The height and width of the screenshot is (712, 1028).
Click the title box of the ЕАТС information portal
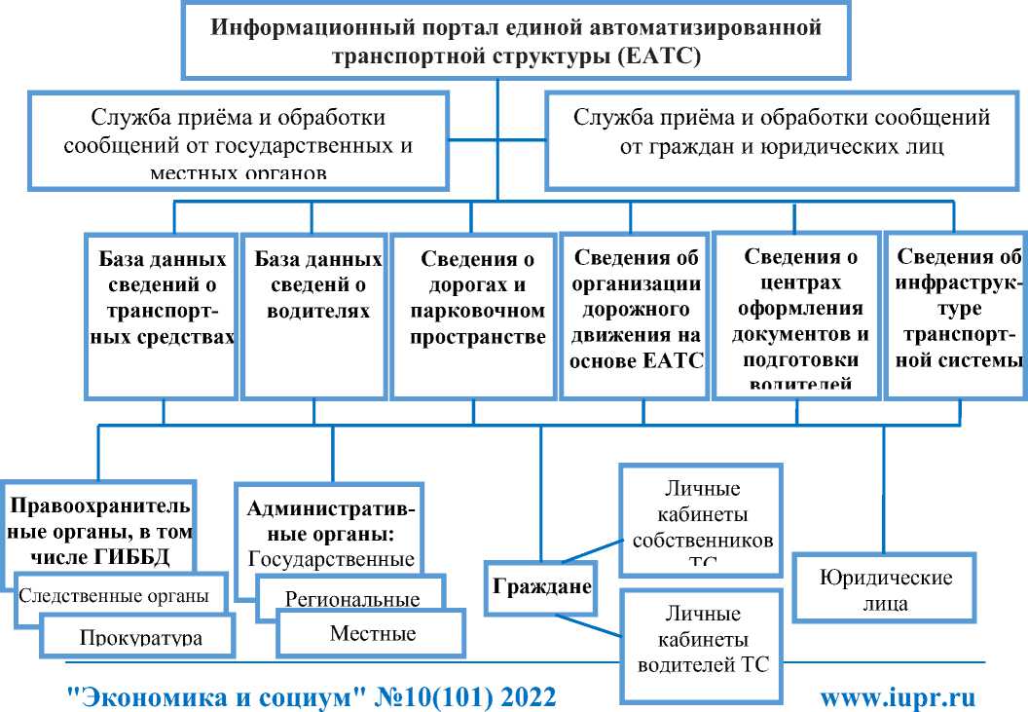click(x=516, y=40)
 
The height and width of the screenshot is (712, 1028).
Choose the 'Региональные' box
click(x=351, y=597)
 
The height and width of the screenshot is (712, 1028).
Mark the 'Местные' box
click(x=372, y=634)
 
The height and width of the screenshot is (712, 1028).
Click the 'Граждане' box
click(x=540, y=588)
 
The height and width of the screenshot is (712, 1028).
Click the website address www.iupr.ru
click(x=897, y=697)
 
